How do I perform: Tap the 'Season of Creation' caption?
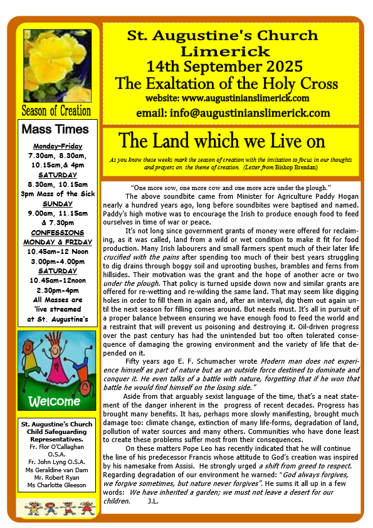56,111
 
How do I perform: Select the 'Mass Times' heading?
55,130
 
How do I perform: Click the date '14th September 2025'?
233,66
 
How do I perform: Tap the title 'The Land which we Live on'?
231,140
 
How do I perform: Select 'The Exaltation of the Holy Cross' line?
231,82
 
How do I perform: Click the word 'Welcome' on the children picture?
56,401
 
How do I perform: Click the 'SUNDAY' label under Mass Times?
57,204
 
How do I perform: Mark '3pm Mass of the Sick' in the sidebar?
57,194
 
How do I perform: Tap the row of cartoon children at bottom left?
56,507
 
